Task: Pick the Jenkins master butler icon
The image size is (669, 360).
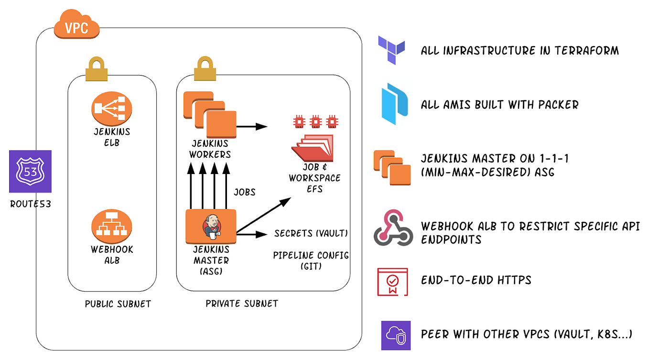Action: (x=211, y=226)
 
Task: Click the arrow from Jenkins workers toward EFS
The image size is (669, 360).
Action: (x=252, y=127)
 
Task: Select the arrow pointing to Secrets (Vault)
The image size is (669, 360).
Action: (x=252, y=234)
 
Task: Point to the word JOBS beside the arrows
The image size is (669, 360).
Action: (x=244, y=192)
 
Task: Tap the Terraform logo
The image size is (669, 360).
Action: (x=391, y=50)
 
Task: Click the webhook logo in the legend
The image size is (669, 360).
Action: (x=393, y=227)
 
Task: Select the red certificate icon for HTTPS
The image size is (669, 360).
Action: (x=392, y=282)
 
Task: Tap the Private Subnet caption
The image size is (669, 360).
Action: (x=241, y=304)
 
